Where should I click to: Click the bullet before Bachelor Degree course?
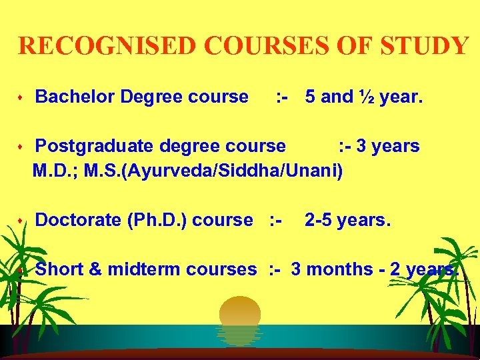pyautogui.click(x=21, y=98)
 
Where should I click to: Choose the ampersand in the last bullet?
pyautogui.click(x=95, y=269)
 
